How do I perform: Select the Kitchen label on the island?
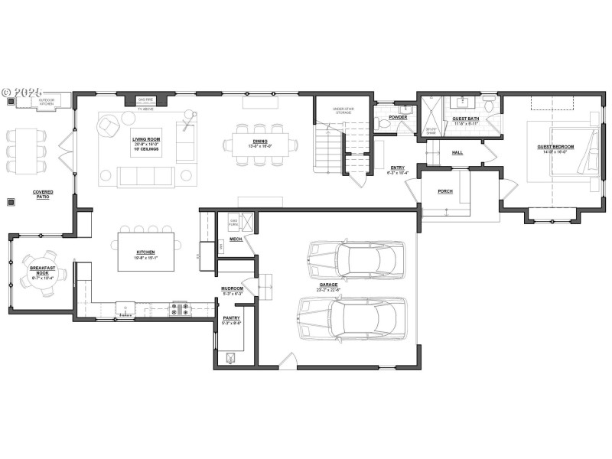[x=146, y=252]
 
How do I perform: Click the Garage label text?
[x=329, y=285]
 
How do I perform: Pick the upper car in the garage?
[x=355, y=259]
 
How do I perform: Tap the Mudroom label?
[x=232, y=288]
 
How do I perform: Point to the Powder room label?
[x=398, y=117]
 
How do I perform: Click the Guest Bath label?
[x=465, y=119]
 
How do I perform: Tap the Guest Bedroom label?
[x=555, y=147]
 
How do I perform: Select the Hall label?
[x=457, y=152]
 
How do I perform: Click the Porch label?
[x=445, y=191]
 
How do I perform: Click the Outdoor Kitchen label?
[x=52, y=100]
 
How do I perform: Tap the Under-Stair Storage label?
[x=342, y=110]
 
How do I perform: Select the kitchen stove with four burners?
[x=181, y=308]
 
